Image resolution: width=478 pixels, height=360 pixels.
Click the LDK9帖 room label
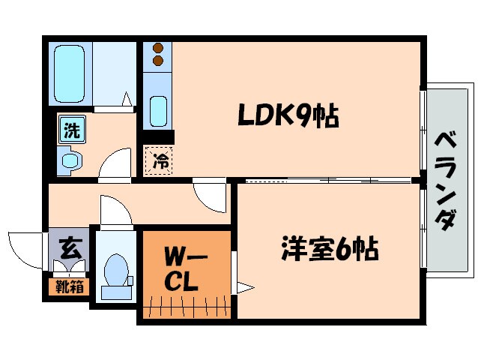[x=288, y=115]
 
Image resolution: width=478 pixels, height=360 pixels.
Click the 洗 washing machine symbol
[x=70, y=131]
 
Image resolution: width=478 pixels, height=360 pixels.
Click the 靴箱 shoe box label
[x=69, y=286]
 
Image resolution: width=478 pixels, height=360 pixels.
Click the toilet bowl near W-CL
[x=115, y=273]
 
